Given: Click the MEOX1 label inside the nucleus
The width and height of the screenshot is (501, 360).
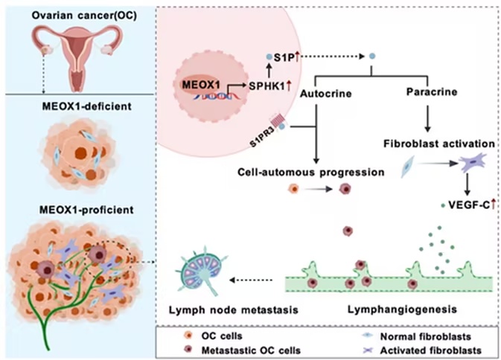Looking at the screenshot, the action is [x=201, y=85].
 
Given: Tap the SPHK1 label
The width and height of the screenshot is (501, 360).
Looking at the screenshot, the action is [x=267, y=86].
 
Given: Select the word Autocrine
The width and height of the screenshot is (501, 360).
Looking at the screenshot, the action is [x=325, y=94].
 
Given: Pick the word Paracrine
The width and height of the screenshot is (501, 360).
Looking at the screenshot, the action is [x=432, y=92].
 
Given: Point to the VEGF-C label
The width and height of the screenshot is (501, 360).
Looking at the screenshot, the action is [x=469, y=205].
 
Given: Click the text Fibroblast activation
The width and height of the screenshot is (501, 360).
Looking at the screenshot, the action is [x=439, y=144].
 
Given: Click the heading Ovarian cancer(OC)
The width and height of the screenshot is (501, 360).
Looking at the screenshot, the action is [x=84, y=15].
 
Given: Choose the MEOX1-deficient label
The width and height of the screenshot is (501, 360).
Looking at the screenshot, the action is [x=86, y=106].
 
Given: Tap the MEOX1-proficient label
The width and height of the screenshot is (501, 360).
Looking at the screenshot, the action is [x=86, y=210].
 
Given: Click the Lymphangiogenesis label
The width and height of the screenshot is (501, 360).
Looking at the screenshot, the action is [x=402, y=309].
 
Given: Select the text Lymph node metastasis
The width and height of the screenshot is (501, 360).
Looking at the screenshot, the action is [x=233, y=310].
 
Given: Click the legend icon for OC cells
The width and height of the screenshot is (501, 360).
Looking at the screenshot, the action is [x=188, y=335].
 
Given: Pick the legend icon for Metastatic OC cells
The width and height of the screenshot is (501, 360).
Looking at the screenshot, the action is [x=188, y=350].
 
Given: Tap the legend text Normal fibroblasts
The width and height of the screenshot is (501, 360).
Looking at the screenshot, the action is [x=426, y=336].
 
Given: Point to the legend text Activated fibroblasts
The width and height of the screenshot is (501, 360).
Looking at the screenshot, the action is [x=431, y=350].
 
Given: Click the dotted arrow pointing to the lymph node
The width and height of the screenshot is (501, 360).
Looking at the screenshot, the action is [x=251, y=280].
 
